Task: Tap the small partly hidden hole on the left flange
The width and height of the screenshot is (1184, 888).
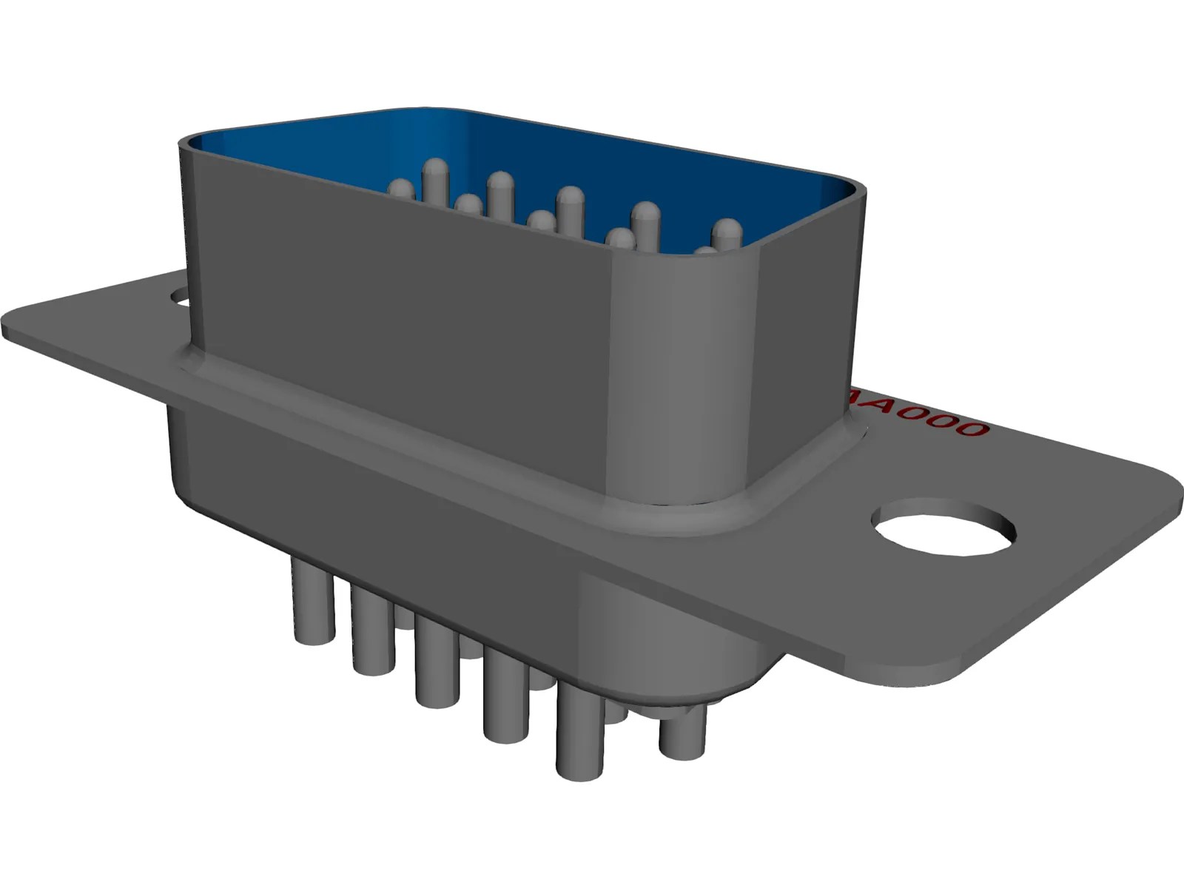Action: coord(180,298)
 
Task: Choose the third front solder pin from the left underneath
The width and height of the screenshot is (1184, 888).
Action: coord(436,666)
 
